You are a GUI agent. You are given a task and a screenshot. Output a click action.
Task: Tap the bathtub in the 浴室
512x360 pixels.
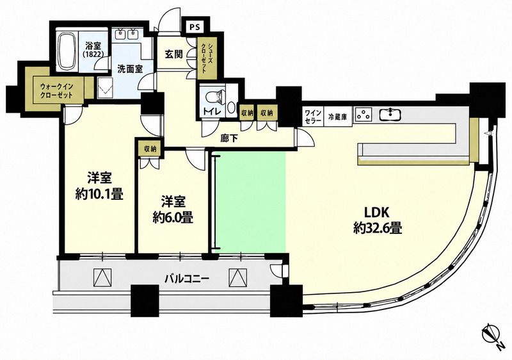(67, 51)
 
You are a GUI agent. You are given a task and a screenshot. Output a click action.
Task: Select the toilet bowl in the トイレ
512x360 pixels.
(214, 96)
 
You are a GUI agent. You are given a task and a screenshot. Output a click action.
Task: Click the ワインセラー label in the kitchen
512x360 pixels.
(312, 117)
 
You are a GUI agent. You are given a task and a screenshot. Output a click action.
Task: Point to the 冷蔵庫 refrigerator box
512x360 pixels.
(337, 117)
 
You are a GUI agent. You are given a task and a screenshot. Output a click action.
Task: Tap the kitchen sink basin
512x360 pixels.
(390, 114)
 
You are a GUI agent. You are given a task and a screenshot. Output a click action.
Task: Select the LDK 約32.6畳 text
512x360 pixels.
(377, 220)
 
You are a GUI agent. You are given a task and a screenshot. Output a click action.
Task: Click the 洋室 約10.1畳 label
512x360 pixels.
(99, 186)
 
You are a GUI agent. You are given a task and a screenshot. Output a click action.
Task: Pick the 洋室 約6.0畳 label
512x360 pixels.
(173, 209)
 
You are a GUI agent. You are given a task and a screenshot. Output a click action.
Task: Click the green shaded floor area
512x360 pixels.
(250, 202)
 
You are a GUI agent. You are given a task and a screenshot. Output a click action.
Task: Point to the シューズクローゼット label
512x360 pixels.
(204, 58)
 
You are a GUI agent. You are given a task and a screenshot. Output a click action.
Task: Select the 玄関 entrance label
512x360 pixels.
(173, 54)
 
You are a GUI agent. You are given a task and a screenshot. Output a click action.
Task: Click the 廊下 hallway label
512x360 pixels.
(229, 139)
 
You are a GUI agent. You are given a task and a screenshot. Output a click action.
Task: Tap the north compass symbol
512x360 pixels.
(492, 335)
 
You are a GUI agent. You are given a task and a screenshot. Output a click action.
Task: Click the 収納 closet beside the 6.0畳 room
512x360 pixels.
(150, 149)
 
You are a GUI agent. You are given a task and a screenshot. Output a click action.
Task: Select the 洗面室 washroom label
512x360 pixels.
(130, 69)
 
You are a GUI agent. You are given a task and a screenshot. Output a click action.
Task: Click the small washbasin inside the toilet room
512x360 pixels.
(232, 107)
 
